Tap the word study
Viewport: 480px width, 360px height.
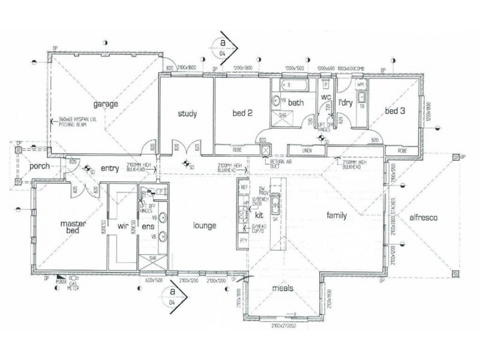click(x=188, y=113)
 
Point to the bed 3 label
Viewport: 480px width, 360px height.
click(x=395, y=111)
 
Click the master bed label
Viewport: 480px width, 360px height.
click(x=74, y=227)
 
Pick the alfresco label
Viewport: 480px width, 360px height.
click(x=423, y=219)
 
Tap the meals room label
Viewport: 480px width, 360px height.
click(x=281, y=288)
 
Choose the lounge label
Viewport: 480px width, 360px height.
click(x=204, y=226)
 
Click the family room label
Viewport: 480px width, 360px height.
click(x=337, y=215)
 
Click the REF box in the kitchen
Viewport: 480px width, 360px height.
click(x=244, y=187)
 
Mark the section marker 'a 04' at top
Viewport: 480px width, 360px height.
click(x=223, y=48)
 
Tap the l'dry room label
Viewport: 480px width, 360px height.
click(x=344, y=103)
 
